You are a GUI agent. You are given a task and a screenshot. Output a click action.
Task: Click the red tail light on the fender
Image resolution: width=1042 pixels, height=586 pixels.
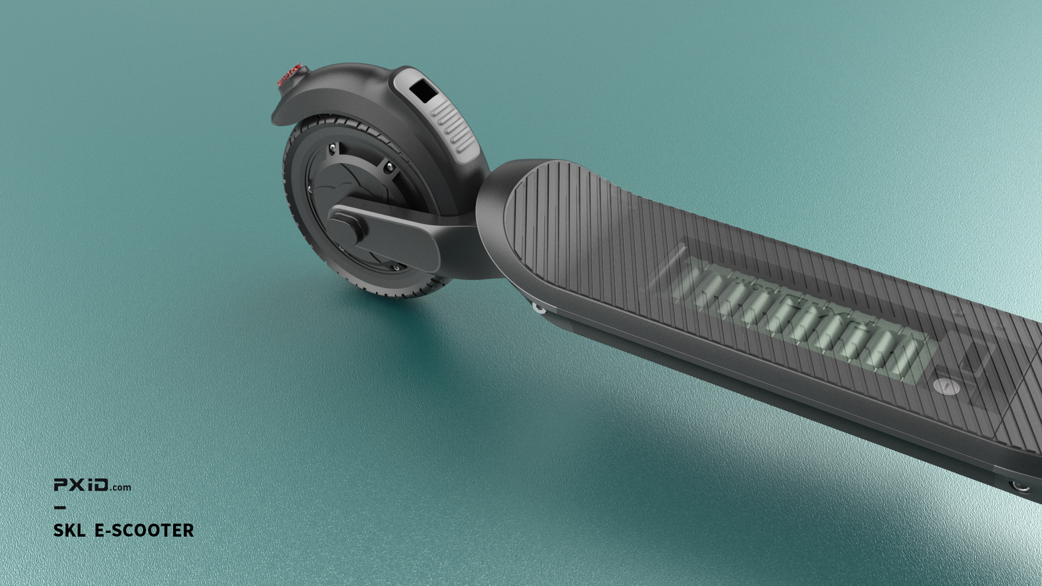(289, 74)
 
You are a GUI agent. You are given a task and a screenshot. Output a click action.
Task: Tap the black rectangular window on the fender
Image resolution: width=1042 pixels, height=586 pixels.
(424, 91)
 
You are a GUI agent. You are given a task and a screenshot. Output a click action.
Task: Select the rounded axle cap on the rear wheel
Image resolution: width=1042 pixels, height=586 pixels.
(346, 228)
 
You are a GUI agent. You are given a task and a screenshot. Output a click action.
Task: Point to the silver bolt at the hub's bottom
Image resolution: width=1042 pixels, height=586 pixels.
(396, 267)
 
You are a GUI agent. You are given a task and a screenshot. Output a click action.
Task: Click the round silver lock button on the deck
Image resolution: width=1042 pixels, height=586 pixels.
(946, 386)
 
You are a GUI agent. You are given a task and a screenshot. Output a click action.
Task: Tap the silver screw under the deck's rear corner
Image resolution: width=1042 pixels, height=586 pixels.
(539, 308)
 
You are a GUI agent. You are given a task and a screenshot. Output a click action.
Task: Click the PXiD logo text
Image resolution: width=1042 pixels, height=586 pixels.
(81, 485)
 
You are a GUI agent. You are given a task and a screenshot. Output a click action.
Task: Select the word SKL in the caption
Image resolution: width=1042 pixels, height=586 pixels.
(69, 530)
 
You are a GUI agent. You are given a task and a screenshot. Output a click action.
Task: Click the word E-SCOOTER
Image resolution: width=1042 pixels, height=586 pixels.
(144, 530)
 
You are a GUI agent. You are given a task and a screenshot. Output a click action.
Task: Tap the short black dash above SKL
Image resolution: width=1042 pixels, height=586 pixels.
(60, 508)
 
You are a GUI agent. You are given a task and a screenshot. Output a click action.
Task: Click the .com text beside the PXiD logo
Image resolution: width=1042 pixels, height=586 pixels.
(120, 487)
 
